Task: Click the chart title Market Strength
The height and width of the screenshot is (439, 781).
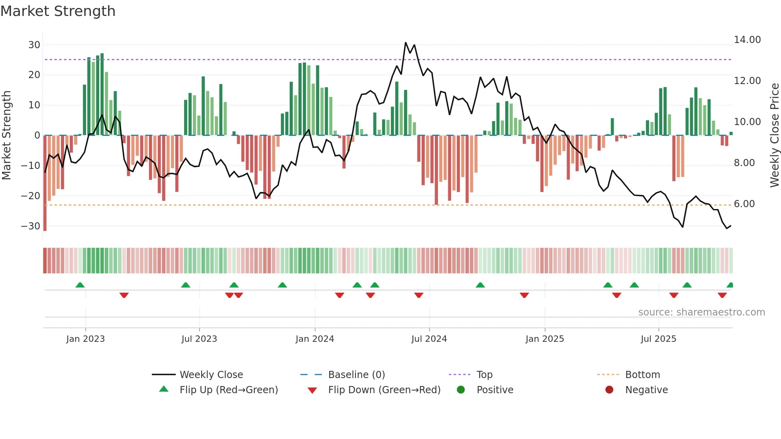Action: coord(58,11)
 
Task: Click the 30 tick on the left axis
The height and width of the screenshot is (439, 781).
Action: coord(34,45)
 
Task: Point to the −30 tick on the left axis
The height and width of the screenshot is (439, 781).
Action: coord(31,226)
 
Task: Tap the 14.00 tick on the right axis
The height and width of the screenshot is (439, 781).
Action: coord(747,40)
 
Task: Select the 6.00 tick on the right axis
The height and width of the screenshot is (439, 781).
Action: coord(744,204)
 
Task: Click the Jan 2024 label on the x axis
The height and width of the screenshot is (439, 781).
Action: coord(315,339)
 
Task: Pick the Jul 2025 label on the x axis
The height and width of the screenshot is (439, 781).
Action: coord(658,339)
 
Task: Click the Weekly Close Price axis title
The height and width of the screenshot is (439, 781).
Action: coord(774,135)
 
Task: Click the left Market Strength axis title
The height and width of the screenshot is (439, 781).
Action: coord(6,135)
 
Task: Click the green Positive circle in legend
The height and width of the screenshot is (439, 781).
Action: coord(461,390)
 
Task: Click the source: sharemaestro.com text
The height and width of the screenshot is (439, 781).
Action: coord(701,312)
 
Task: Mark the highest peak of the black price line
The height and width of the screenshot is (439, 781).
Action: coord(406,43)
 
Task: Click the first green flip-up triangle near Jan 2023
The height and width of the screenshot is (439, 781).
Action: coord(80,285)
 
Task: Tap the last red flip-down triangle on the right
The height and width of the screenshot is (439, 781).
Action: coord(722,295)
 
